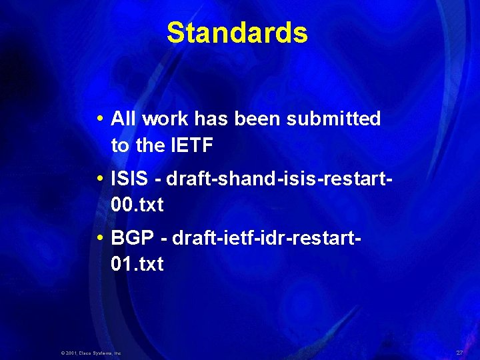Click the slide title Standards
237,33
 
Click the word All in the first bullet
123,119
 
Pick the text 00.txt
137,204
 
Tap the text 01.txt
137,264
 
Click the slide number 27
459,351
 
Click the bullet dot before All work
99,120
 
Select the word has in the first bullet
209,119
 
